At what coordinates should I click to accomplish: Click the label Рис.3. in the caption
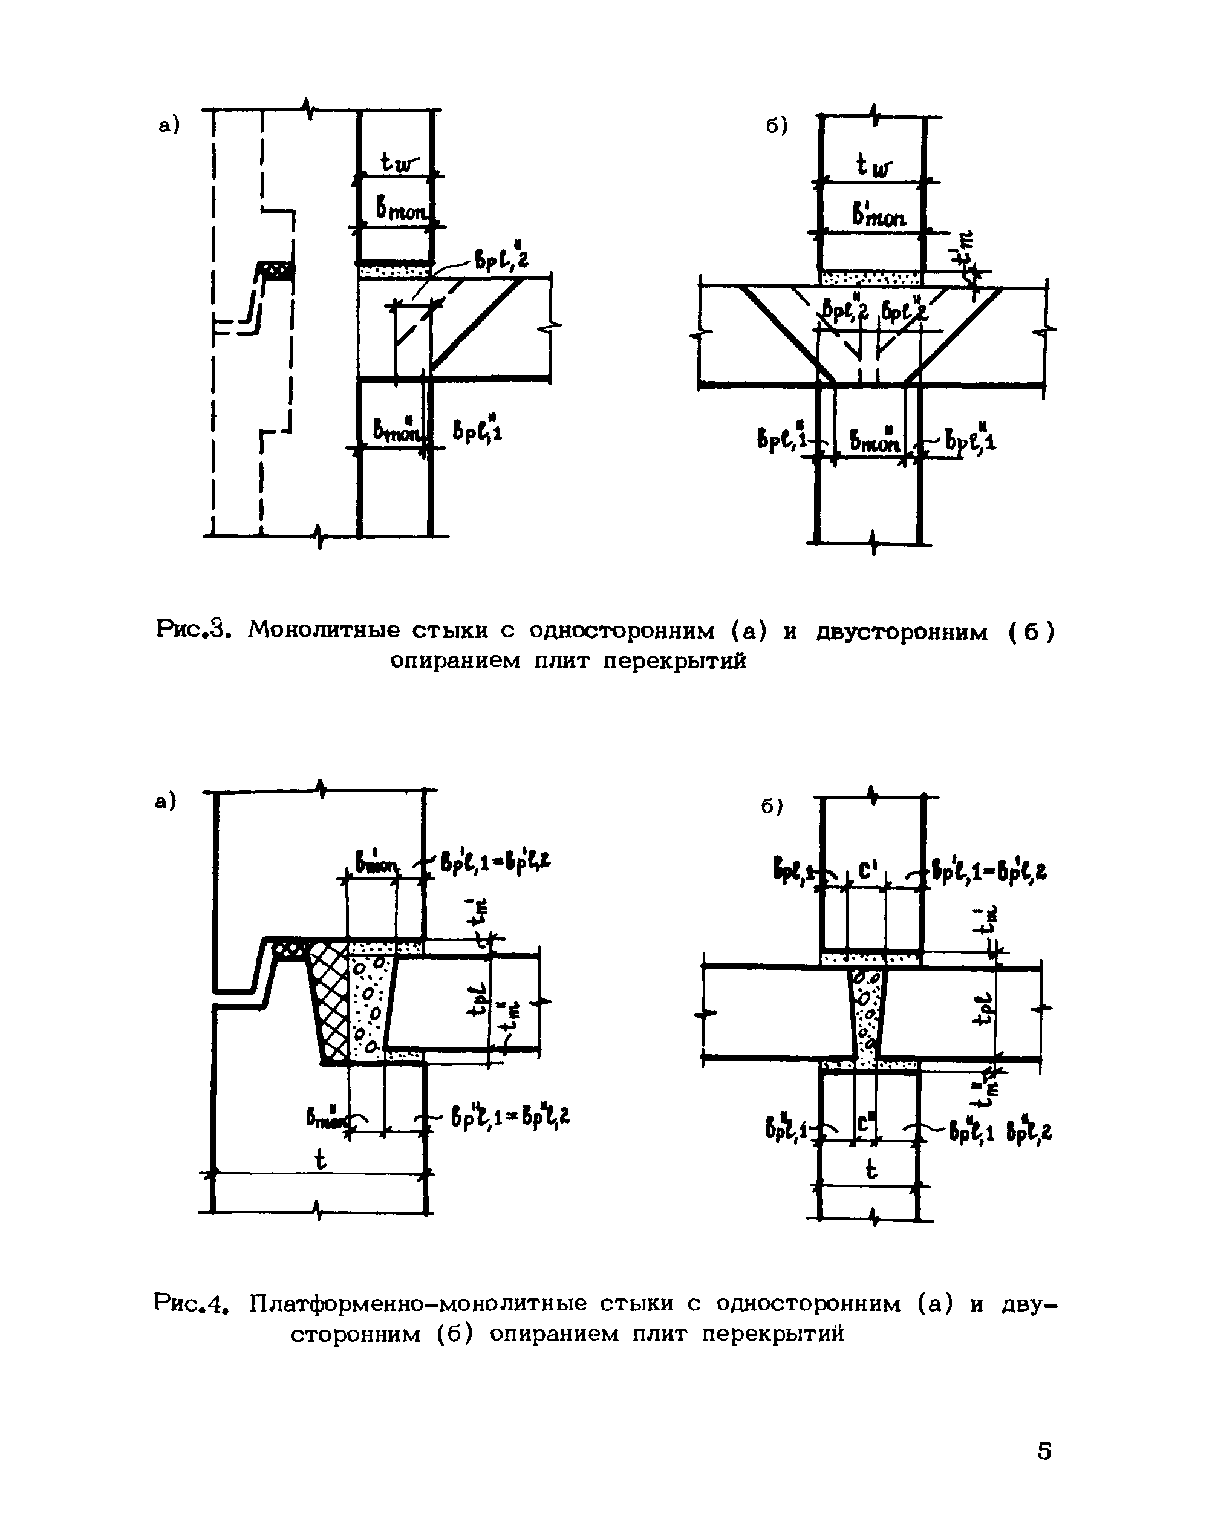(x=193, y=630)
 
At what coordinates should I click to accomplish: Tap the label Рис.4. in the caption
(x=193, y=1304)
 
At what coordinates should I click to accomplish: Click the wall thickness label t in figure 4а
(x=320, y=1161)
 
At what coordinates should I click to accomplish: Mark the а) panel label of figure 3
(x=169, y=126)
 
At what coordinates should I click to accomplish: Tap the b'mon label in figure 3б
(x=880, y=213)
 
